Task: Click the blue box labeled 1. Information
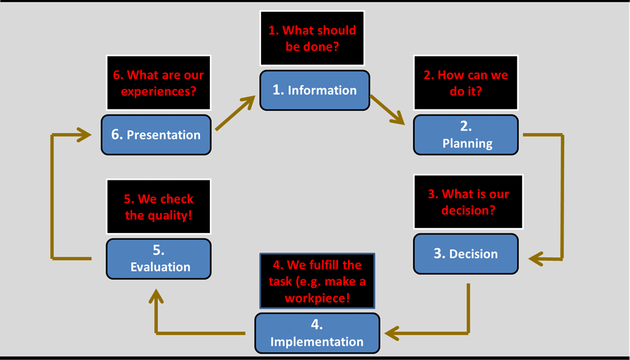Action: (314, 90)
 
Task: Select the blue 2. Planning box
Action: (466, 135)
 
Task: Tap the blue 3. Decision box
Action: (466, 254)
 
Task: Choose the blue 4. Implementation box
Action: (317, 334)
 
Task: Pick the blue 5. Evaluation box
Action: (158, 259)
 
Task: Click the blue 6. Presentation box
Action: (156, 135)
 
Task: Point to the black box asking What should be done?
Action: (312, 38)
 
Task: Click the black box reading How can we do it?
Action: (466, 83)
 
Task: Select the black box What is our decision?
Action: (468, 202)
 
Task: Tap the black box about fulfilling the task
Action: (317, 281)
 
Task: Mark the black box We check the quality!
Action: (158, 207)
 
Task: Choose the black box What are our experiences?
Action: (158, 83)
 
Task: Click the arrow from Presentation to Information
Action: (235, 113)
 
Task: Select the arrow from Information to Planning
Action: (387, 110)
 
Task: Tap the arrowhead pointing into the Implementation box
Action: (392, 333)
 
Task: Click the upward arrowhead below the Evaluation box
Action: (156, 297)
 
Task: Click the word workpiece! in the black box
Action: (317, 298)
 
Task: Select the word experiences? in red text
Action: (158, 91)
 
